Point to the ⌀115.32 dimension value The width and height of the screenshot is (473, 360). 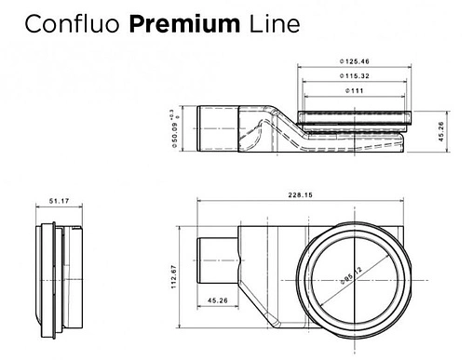[355, 75]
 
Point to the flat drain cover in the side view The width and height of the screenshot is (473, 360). [355, 115]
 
